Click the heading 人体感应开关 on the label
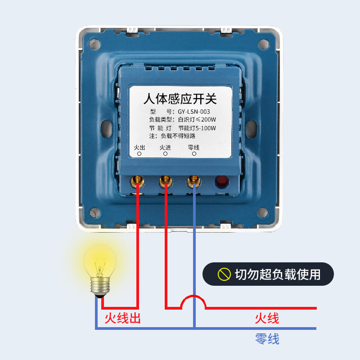pos(180,99)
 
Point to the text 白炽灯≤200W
pos(198,120)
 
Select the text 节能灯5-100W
pos(197,128)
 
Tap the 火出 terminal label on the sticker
pos(139,148)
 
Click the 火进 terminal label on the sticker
pos(165,148)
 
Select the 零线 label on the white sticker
pos(193,148)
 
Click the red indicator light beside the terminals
pos(221,181)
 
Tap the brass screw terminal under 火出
pos(137,182)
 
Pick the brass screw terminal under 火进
pos(165,182)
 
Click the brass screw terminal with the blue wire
pos(194,182)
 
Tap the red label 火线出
pos(122,319)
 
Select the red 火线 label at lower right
pos(267,319)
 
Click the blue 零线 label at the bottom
pos(267,338)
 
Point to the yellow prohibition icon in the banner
pos(224,274)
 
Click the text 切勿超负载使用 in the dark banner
pos(278,274)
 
